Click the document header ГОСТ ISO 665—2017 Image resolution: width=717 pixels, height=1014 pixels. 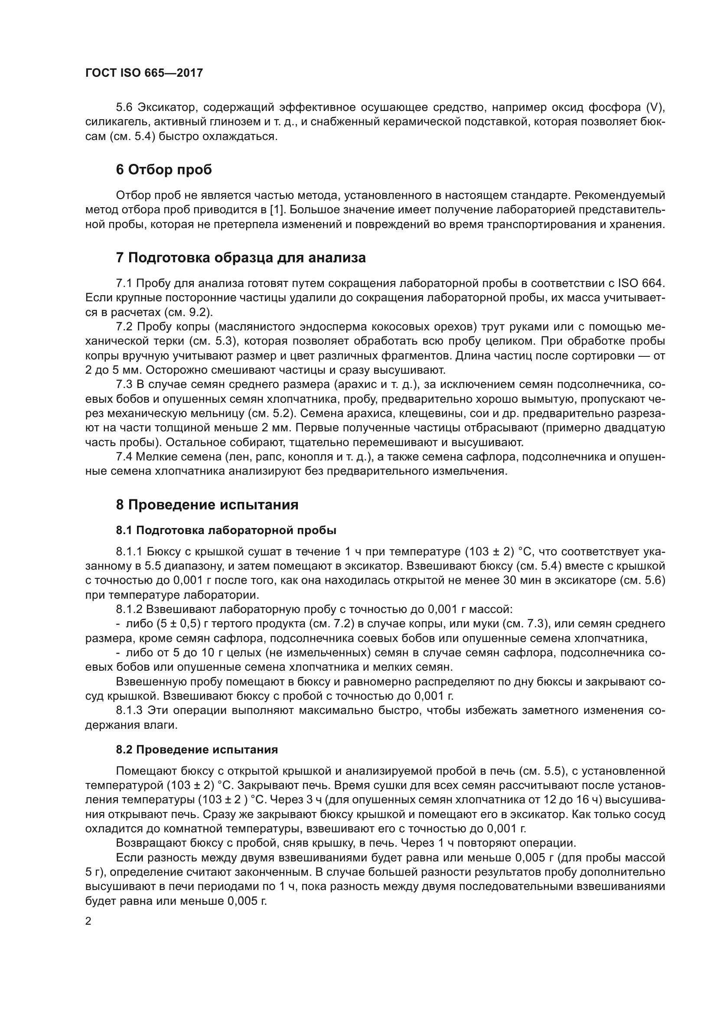coord(144,73)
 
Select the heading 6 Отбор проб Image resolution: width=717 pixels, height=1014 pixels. coord(164,170)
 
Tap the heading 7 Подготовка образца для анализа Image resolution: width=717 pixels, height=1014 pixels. coord(241,258)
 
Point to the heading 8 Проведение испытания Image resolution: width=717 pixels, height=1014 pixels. coord(207,505)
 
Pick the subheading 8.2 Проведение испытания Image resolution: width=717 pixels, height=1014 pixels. coord(197,750)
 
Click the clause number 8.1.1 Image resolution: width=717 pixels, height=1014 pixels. coord(129,551)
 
